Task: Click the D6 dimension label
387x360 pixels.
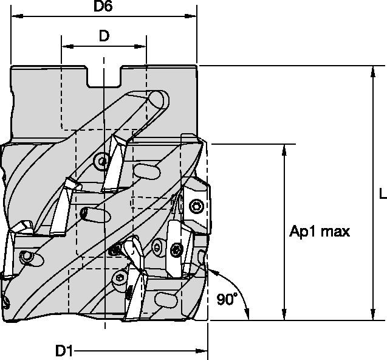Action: coord(104,7)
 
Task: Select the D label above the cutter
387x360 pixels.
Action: coord(104,36)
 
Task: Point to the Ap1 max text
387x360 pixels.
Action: coord(320,232)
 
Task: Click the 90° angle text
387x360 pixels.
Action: coord(227,299)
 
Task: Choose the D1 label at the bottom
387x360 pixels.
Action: coord(64,350)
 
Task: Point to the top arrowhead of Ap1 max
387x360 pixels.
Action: coord(284,150)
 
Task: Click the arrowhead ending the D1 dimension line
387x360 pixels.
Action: coord(203,350)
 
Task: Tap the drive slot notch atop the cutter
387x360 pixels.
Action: coord(104,77)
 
